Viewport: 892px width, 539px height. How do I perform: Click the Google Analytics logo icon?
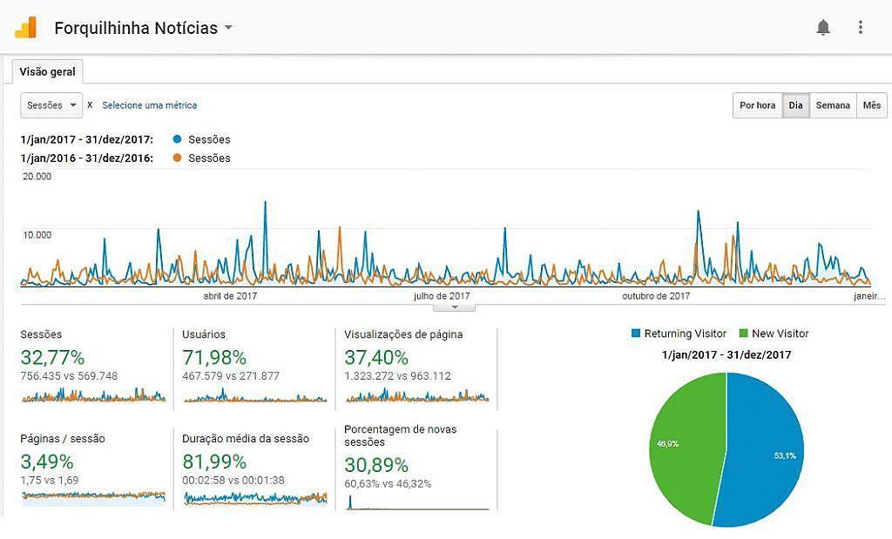tap(25, 27)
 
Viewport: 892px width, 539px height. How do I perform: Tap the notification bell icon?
tap(823, 27)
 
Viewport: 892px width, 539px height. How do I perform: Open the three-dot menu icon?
tap(861, 27)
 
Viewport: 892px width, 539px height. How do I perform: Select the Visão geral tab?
tap(47, 71)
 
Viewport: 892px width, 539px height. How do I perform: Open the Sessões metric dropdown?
tap(51, 104)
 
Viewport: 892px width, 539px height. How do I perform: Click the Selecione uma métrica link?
tap(149, 105)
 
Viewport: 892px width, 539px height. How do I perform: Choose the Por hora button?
tap(757, 105)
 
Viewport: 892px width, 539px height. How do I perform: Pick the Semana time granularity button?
tap(833, 105)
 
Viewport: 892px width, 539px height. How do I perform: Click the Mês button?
tap(872, 105)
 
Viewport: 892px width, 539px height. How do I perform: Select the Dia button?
tap(795, 105)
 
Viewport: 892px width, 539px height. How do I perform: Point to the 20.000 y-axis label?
tap(37, 176)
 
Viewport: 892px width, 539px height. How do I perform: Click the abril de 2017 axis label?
tap(230, 296)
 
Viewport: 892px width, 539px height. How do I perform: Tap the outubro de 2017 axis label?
tap(656, 296)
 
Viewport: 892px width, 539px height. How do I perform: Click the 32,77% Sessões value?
tap(52, 357)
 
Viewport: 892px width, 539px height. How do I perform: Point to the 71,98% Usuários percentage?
tap(214, 357)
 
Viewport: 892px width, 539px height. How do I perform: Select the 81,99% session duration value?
tap(214, 462)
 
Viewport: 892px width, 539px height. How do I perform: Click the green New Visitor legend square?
tap(743, 334)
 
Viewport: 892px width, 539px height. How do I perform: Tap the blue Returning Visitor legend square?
tap(636, 334)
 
